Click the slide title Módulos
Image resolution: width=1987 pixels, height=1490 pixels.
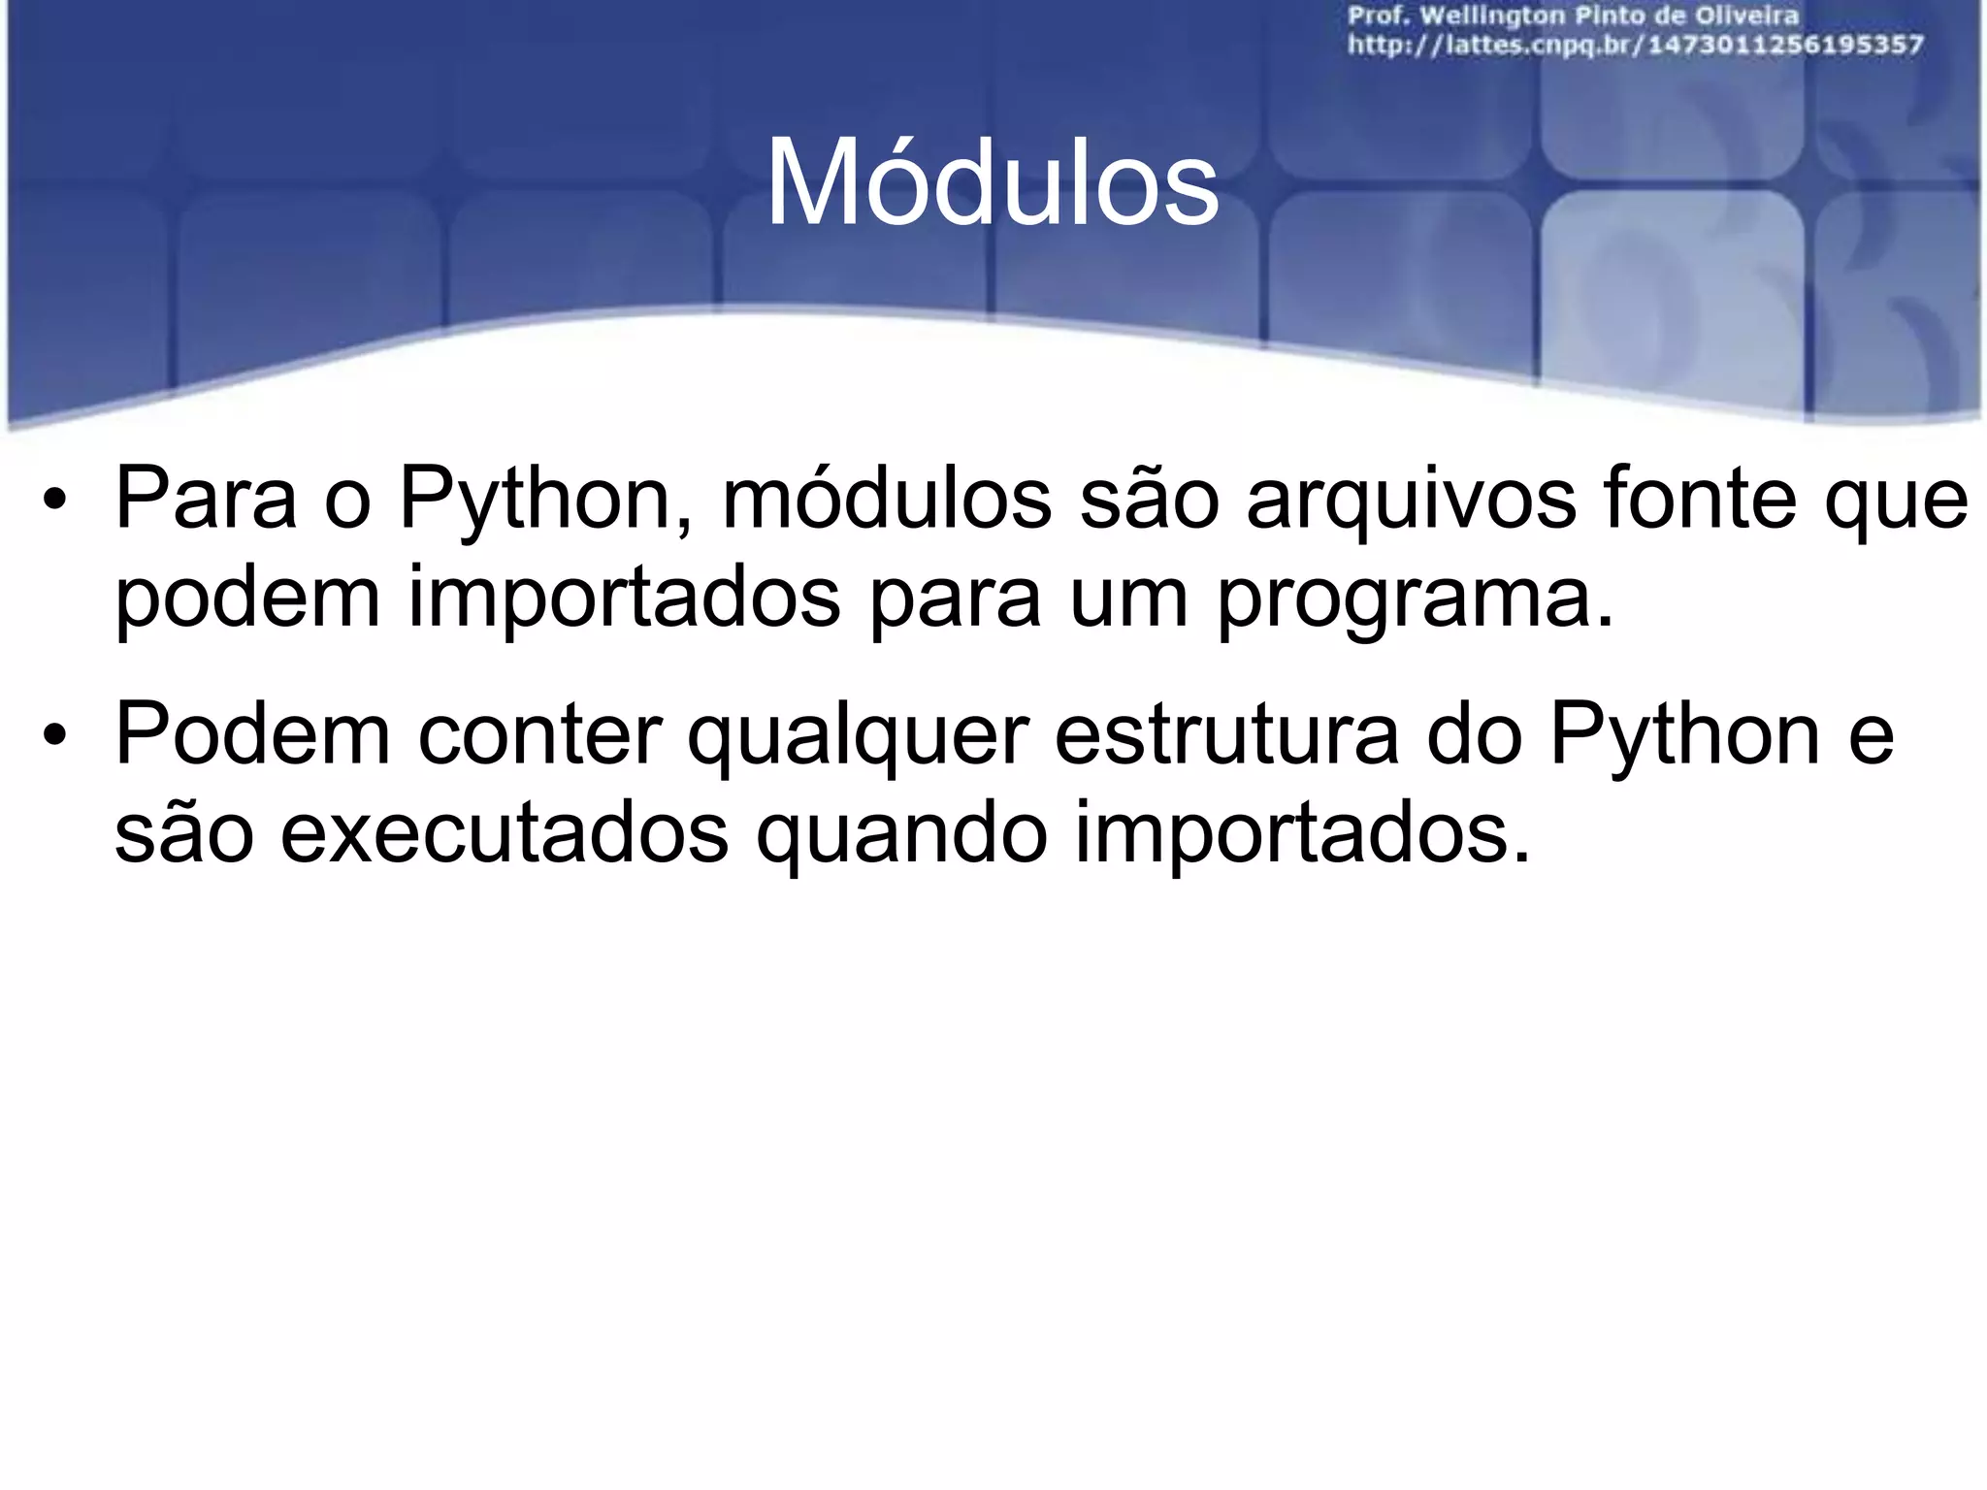992,183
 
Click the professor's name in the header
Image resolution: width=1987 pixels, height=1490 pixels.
1572,16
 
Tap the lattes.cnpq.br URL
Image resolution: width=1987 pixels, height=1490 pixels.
1635,45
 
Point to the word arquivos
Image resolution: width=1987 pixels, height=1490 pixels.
1412,500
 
